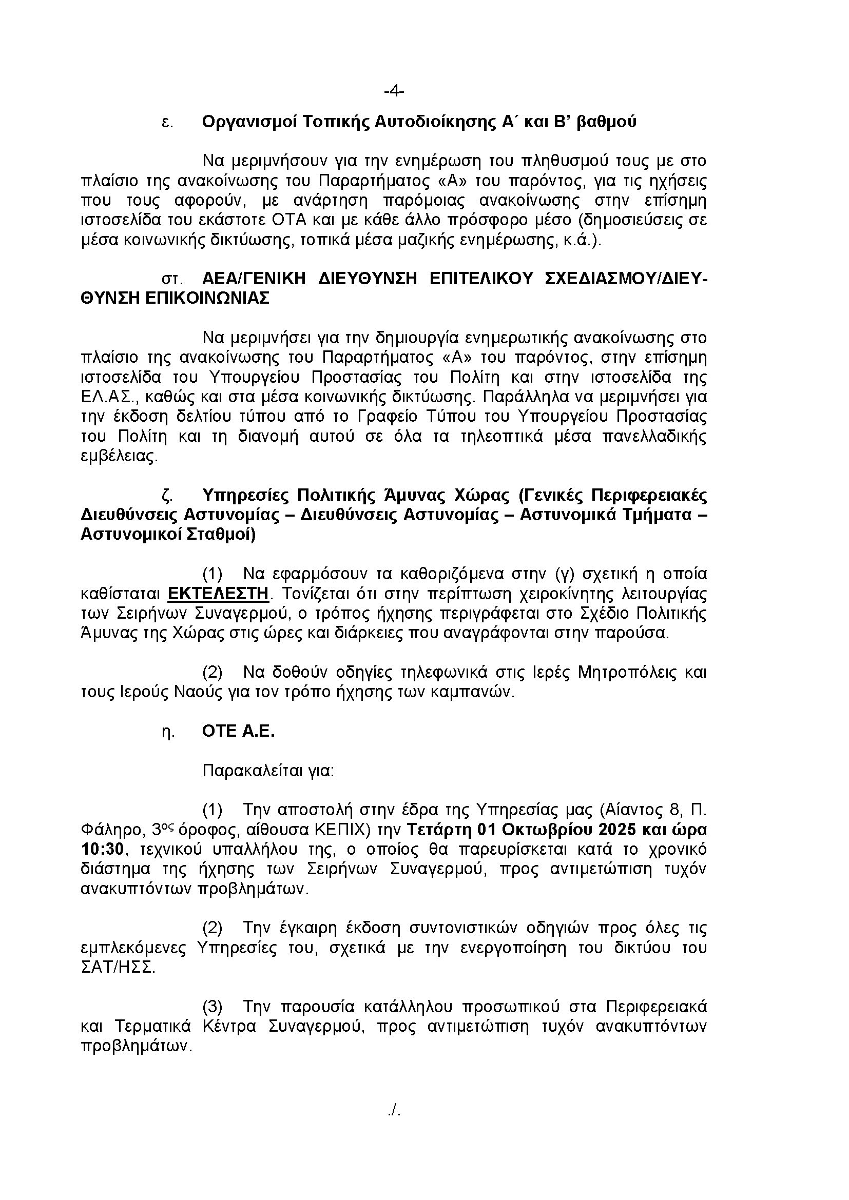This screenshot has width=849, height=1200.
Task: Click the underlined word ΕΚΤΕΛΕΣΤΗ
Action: tap(218, 594)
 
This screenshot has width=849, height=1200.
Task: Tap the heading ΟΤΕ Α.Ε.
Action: tap(238, 732)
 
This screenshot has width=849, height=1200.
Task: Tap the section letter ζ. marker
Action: tap(167, 495)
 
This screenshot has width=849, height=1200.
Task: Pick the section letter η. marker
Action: tap(167, 732)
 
